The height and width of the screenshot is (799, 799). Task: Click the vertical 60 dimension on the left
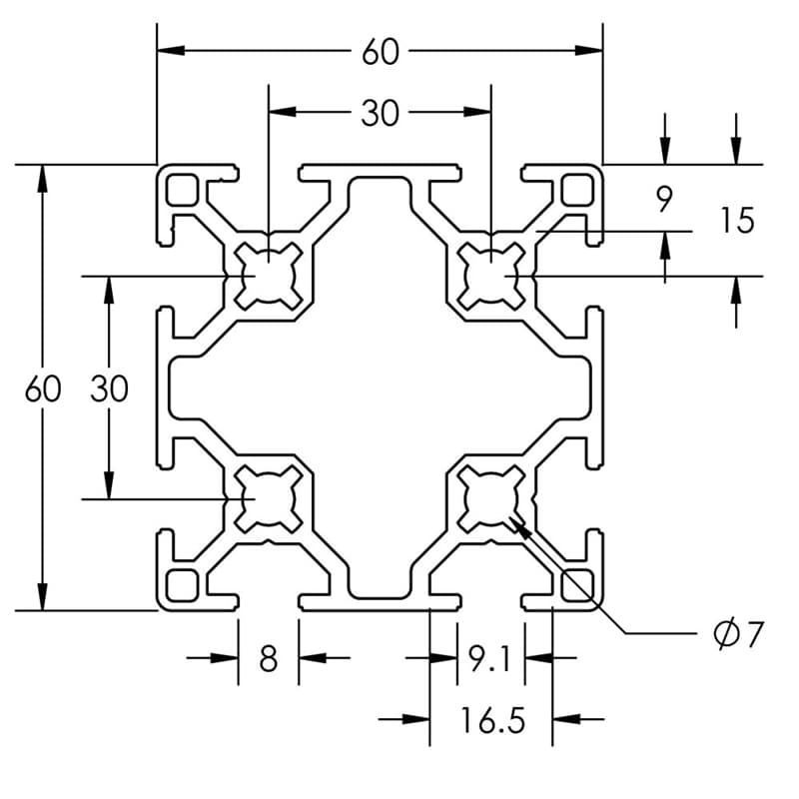[x=43, y=389]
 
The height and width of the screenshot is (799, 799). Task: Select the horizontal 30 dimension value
[x=380, y=114]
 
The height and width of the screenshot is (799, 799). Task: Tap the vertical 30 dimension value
[x=110, y=389]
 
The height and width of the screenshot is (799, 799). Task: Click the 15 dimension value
[x=736, y=221]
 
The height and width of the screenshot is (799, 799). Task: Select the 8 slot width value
[x=268, y=659]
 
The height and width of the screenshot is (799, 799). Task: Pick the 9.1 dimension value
[x=489, y=659]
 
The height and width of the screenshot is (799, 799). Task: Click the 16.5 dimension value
[x=491, y=720]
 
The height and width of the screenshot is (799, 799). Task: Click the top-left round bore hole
[x=269, y=274]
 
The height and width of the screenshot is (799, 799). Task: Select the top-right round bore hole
[x=490, y=274]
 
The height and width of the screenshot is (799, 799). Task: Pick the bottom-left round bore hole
[x=269, y=496]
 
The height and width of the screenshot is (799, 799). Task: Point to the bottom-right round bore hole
[x=490, y=496]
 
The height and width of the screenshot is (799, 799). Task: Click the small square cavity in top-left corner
[x=182, y=188]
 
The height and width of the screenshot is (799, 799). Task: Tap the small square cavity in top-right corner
[x=577, y=188]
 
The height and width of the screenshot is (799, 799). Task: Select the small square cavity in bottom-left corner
[x=182, y=583]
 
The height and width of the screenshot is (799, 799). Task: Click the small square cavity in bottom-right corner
[x=577, y=583]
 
